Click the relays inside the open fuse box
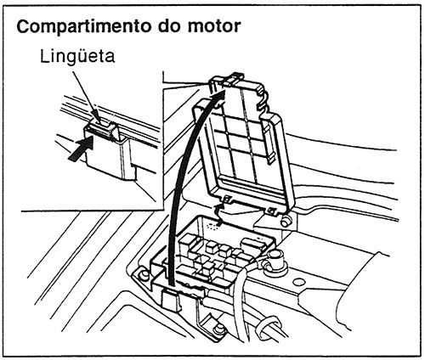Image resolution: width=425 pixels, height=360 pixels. [225, 250]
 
